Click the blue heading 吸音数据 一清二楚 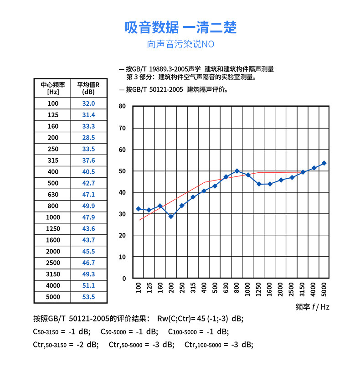[x=180, y=27]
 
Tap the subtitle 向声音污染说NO [x=180, y=45]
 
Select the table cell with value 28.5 [x=88, y=138]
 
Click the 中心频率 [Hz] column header [x=53, y=88]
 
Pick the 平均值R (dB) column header [x=88, y=88]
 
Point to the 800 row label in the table [x=53, y=206]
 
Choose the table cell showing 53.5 [x=88, y=297]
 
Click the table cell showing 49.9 [x=88, y=206]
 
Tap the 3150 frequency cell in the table [x=53, y=274]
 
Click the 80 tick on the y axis [x=122, y=106]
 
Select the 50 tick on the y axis [x=122, y=171]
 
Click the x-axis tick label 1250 [x=259, y=289]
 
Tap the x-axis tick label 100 [x=139, y=288]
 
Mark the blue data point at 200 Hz [x=171, y=217]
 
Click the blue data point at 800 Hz [x=237, y=171]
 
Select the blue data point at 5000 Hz [x=324, y=163]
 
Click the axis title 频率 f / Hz [x=312, y=307]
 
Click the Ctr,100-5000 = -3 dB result [x=219, y=344]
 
